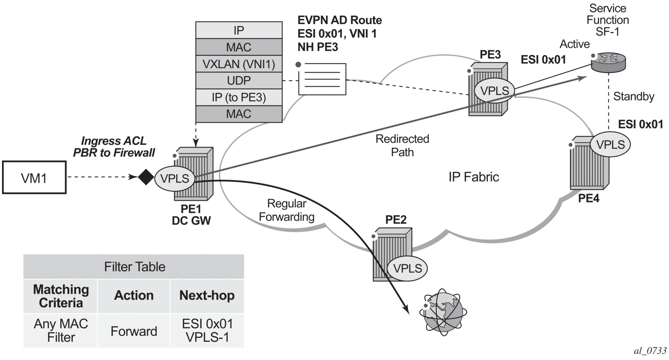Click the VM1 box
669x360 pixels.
(x=34, y=178)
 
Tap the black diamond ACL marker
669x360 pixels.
(x=146, y=177)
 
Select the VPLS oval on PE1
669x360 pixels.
(x=175, y=178)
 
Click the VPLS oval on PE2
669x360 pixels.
(x=407, y=268)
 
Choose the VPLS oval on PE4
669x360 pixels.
(x=610, y=145)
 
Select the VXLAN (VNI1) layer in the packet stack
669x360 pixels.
(x=239, y=64)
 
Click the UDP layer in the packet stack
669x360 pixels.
(x=239, y=81)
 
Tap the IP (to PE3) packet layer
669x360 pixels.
(x=239, y=97)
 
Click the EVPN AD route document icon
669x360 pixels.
(x=322, y=79)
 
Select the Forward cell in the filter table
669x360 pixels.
(x=134, y=331)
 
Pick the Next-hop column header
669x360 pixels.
(x=207, y=296)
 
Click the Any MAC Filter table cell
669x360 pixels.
(x=61, y=330)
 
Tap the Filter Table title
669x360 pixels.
(x=135, y=267)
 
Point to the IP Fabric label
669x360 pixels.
(x=474, y=177)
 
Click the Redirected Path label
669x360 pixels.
(x=402, y=145)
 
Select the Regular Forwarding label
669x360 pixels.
(x=286, y=210)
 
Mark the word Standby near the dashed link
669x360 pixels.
(x=634, y=97)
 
